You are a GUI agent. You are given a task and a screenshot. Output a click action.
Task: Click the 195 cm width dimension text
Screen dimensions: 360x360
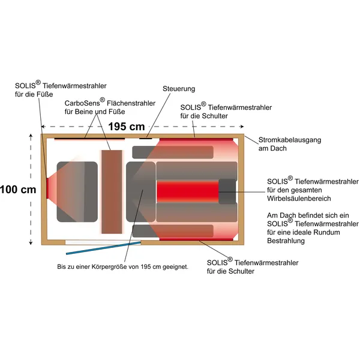127,127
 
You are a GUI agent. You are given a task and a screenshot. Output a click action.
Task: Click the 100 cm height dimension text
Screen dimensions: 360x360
18,190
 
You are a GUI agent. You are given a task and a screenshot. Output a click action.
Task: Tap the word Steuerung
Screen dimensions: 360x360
179,89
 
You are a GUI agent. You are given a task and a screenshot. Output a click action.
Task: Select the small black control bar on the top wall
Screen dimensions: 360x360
146,139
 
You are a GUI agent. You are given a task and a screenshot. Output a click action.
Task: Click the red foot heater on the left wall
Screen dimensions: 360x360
47,188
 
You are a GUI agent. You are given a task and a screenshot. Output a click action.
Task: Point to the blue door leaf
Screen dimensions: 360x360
104,248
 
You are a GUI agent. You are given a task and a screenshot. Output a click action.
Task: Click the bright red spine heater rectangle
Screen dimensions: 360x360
188,191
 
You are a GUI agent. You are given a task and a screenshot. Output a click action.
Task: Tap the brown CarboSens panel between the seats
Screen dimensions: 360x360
112,192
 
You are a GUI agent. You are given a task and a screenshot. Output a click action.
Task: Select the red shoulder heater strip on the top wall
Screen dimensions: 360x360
196,139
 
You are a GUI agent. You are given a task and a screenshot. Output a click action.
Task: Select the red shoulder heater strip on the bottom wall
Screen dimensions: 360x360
196,239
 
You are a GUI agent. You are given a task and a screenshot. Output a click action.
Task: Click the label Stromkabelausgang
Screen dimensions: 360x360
290,140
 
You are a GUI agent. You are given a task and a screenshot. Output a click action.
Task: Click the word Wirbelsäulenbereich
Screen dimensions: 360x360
299,199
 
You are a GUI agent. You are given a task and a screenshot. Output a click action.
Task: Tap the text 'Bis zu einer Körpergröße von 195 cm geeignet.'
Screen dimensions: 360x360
122,267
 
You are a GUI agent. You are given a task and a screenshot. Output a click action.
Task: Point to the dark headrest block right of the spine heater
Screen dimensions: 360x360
227,191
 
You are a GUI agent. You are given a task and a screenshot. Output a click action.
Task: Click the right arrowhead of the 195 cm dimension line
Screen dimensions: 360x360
242,127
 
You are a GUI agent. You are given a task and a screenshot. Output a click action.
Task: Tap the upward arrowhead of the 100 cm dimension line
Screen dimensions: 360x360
31,136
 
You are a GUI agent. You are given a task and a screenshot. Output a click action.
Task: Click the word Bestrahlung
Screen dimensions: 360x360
286,241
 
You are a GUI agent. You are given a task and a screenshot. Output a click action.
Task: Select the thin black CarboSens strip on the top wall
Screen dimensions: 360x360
89,139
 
